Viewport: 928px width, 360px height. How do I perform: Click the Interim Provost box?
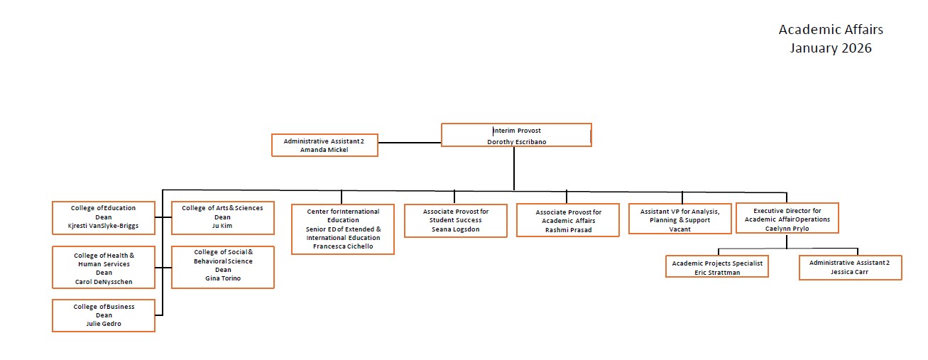click(x=516, y=135)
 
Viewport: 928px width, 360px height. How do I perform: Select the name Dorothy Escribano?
click(x=516, y=142)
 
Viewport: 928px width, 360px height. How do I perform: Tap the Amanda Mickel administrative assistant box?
click(x=324, y=145)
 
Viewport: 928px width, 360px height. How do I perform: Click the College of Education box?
click(x=104, y=217)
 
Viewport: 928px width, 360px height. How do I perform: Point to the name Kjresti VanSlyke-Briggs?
click(x=104, y=227)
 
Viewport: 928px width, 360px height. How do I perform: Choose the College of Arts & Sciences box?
click(x=222, y=217)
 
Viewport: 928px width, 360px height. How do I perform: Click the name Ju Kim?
click(x=222, y=226)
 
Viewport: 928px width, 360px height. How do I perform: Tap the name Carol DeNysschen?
click(x=104, y=282)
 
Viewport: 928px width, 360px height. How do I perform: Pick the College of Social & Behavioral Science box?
click(x=222, y=268)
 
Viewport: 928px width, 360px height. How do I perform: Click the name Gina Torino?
click(x=222, y=278)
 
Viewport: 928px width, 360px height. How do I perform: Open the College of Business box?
click(x=104, y=315)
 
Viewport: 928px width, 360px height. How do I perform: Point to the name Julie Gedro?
click(x=104, y=324)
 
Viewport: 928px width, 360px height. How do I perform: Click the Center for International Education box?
click(x=343, y=229)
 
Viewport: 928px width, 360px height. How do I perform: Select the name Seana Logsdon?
click(x=456, y=229)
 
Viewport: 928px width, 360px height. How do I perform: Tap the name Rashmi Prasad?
click(x=568, y=229)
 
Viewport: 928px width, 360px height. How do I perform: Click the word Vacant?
click(x=679, y=229)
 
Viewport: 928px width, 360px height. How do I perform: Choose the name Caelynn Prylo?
click(x=787, y=229)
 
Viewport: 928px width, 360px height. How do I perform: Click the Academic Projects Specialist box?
click(x=717, y=266)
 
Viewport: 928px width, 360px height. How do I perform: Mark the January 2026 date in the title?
click(x=831, y=48)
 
